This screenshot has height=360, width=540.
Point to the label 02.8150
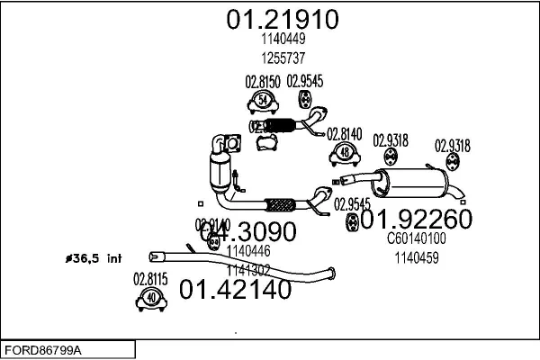[x=261, y=81]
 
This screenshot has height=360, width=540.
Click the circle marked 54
[x=262, y=99]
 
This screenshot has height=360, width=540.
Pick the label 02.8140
[x=344, y=133]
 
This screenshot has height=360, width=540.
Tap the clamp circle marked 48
[x=345, y=153]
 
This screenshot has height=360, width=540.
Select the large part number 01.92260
[x=416, y=219]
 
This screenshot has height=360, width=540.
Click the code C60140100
[x=416, y=239]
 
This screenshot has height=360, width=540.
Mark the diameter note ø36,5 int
[x=93, y=258]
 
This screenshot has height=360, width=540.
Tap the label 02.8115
[x=150, y=279]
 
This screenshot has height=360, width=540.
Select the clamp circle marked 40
[x=151, y=298]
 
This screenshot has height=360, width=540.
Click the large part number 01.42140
[x=235, y=290]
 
